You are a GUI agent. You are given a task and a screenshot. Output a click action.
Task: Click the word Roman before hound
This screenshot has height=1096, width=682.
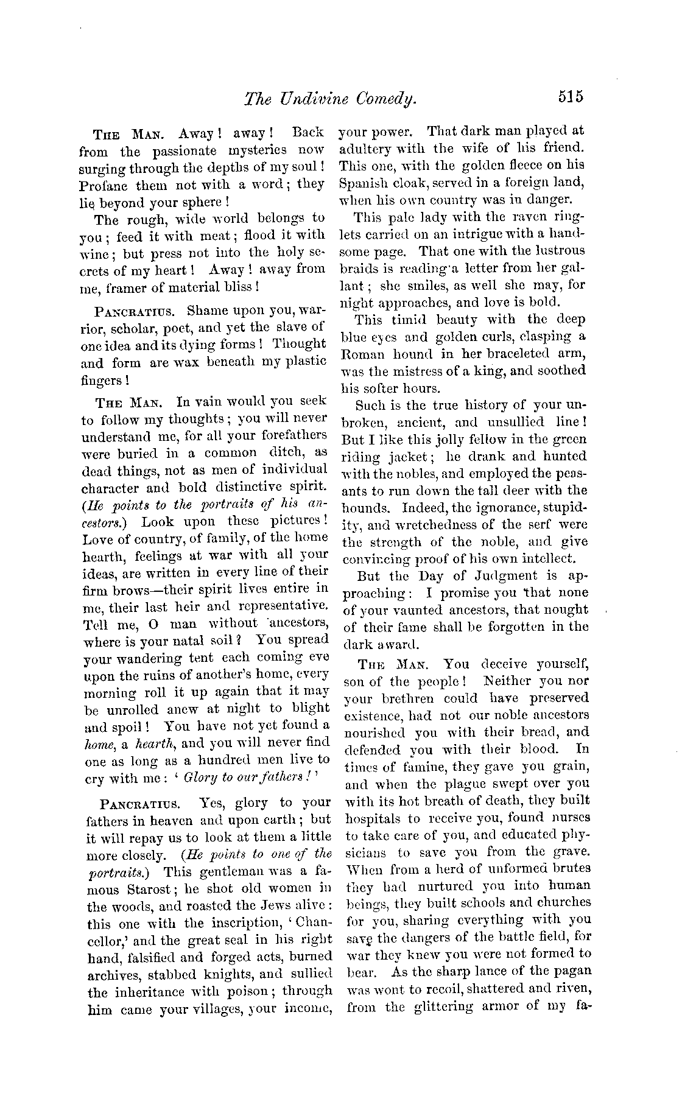364,354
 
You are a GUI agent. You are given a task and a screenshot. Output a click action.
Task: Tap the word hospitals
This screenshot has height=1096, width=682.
373,818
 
